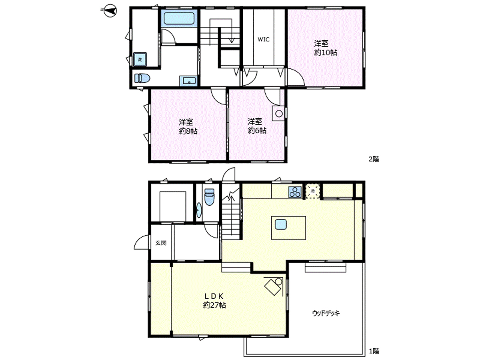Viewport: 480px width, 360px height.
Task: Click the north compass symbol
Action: [110, 11]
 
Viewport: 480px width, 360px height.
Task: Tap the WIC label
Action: [264, 40]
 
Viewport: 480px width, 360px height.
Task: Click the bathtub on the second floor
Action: [179, 18]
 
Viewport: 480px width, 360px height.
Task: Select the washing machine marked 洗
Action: [140, 59]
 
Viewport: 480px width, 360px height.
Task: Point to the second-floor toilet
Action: [142, 78]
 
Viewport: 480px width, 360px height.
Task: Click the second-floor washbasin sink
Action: [188, 81]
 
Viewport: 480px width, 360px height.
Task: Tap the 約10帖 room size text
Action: [326, 53]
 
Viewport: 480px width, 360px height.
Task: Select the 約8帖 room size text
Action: [188, 131]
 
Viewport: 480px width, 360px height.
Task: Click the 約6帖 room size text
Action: [257, 131]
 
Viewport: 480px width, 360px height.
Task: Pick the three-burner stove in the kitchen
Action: [295, 192]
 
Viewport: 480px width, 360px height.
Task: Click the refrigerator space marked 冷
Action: [313, 191]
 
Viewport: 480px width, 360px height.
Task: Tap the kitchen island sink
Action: [281, 224]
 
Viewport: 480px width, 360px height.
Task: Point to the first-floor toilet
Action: [210, 197]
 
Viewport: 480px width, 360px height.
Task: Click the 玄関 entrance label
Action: [161, 243]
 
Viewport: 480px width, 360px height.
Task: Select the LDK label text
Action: [214, 296]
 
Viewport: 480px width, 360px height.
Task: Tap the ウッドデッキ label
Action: [326, 313]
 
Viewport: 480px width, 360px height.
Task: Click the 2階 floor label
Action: [374, 159]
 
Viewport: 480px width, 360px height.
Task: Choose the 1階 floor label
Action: [374, 351]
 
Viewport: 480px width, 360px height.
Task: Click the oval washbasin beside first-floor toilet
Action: [199, 210]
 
